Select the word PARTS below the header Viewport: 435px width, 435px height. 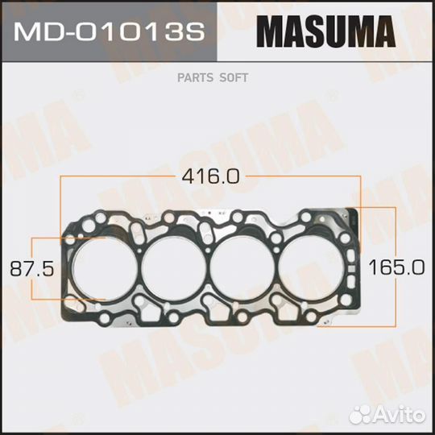point(201,78)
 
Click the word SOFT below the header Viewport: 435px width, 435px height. point(234,78)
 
